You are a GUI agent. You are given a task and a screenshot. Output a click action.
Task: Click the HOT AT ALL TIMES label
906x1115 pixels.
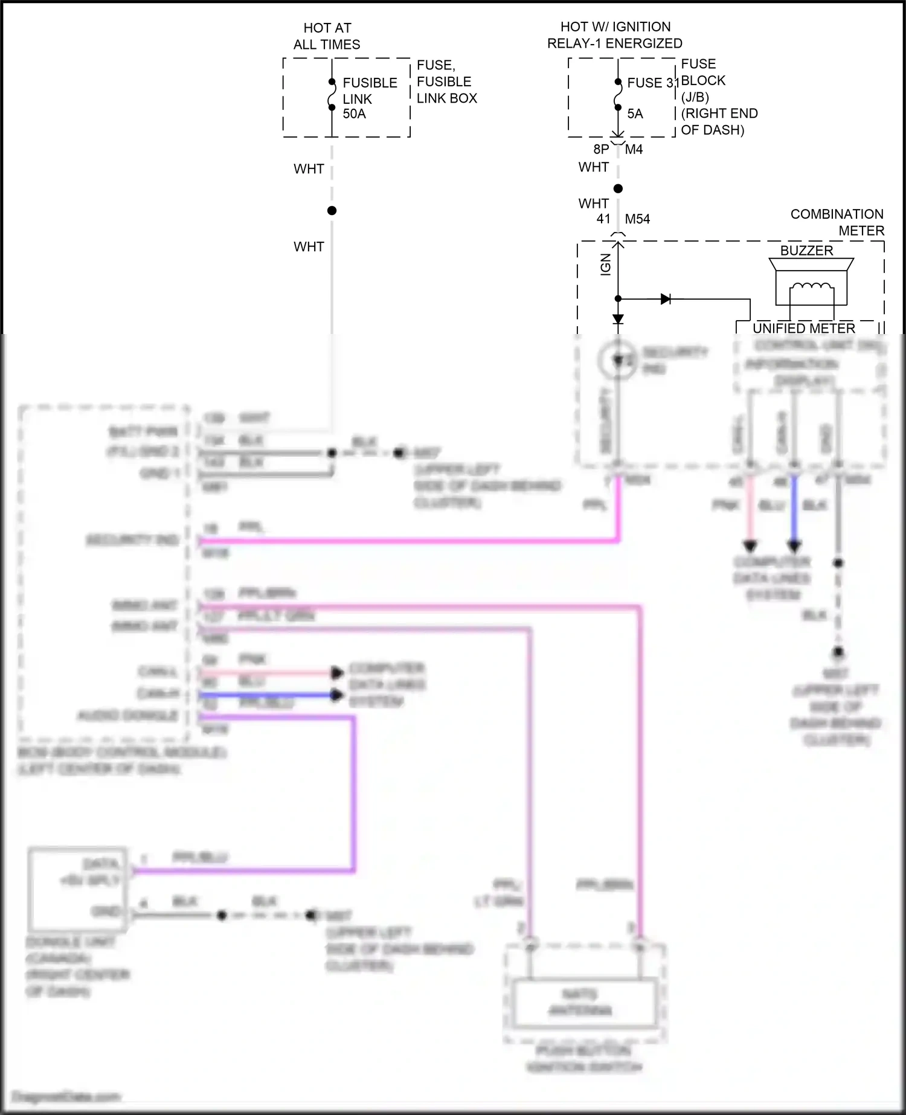327,36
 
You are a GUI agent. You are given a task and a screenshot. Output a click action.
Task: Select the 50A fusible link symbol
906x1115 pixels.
332,95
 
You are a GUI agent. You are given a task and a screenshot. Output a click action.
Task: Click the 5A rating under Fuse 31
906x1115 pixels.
635,114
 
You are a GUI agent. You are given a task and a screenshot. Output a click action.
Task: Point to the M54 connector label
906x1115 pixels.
637,219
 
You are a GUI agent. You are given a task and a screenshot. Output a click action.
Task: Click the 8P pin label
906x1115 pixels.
601,149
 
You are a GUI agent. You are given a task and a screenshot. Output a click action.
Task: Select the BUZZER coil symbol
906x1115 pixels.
811,289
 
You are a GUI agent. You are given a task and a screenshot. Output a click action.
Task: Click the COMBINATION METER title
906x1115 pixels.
837,222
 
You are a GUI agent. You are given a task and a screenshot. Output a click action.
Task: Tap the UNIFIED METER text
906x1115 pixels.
803,328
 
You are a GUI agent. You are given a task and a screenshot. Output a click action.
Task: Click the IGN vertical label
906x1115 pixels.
606,265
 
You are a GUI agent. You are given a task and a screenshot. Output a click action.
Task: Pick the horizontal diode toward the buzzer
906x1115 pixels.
666,299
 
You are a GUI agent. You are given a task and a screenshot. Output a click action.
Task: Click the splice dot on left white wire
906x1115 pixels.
332,211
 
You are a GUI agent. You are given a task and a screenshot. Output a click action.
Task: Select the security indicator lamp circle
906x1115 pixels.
617,361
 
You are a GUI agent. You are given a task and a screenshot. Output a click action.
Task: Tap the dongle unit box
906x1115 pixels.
77,890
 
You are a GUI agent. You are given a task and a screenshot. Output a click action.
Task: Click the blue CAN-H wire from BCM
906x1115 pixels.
266,695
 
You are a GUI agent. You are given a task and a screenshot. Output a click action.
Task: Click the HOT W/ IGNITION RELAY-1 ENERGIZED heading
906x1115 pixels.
615,35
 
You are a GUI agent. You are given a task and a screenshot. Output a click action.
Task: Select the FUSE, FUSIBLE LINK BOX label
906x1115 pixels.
446,82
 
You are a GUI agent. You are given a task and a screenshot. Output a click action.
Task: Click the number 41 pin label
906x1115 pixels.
603,219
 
